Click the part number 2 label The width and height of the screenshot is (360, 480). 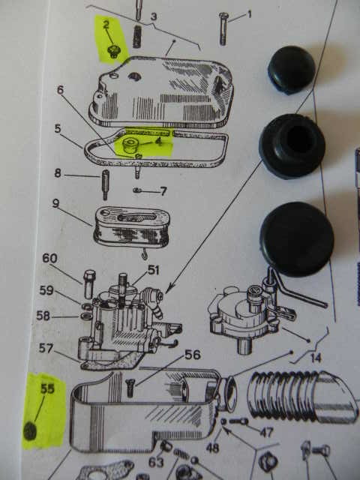tap(106, 25)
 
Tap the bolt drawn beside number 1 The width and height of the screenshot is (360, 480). tap(223, 29)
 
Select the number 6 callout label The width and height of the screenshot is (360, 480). tap(60, 90)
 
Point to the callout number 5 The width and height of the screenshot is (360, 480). tap(58, 128)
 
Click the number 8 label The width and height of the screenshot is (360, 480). tap(58, 173)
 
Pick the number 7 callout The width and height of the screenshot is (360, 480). tap(163, 191)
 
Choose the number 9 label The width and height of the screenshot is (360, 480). tap(55, 203)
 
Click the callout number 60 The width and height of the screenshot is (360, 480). tap(49, 258)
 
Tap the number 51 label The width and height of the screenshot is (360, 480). tap(153, 270)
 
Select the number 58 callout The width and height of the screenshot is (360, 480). tap(43, 315)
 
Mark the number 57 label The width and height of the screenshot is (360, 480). tap(46, 348)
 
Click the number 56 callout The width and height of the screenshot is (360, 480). tap(193, 355)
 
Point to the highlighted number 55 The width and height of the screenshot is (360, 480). tap(47, 388)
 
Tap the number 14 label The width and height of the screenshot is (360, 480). tap(316, 358)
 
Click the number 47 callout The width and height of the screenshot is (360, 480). tap(266, 432)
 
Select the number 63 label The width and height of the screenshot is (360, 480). tap(156, 462)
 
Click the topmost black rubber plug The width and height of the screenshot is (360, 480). tap(292, 70)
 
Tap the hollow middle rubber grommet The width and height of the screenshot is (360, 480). tap(292, 145)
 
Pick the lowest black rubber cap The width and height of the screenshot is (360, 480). tap(297, 239)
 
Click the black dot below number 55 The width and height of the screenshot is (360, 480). tap(30, 430)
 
